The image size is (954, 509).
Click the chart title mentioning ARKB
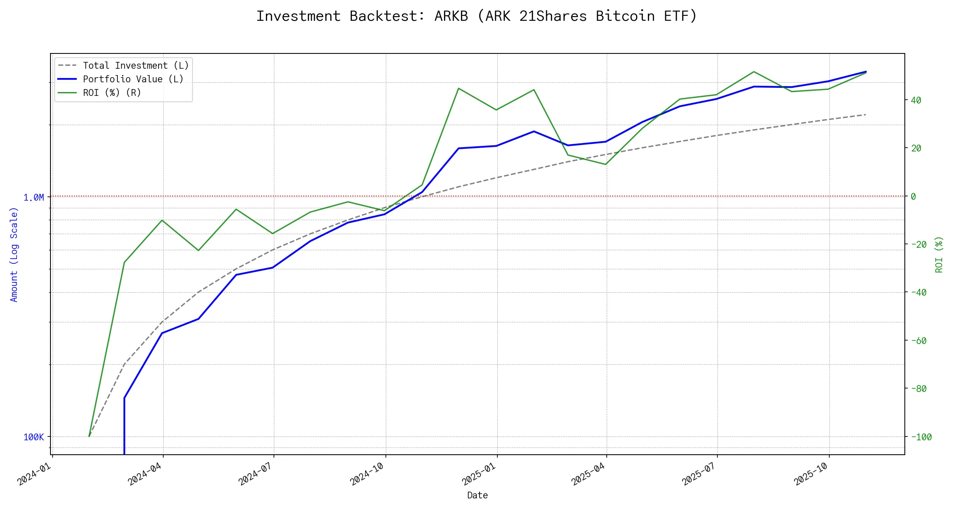(477, 16)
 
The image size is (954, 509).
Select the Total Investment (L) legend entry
(136, 66)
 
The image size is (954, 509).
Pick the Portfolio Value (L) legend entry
(133, 79)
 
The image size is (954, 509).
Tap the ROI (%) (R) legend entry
(112, 93)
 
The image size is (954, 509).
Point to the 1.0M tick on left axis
(33, 198)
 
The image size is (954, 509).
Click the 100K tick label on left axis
(33, 437)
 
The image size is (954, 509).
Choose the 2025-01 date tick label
(480, 473)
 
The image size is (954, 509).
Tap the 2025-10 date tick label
(812, 473)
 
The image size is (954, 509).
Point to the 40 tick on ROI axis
(916, 101)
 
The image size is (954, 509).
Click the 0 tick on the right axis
(913, 197)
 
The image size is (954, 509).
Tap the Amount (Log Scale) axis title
(14, 255)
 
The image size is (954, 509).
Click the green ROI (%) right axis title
(939, 255)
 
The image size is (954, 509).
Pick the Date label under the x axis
(477, 495)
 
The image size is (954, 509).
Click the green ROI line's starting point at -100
(89, 436)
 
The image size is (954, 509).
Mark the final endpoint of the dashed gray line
(865, 115)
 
